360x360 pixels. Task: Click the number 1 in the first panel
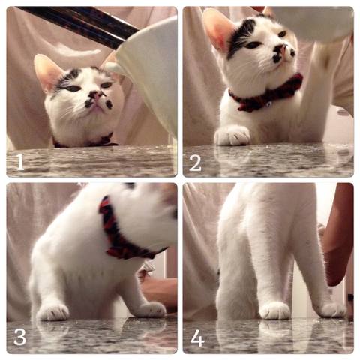point(20,162)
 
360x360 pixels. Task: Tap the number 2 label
point(195,163)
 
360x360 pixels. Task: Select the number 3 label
point(20,337)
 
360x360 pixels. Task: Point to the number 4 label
point(197,337)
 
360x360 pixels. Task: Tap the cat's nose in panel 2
point(282,49)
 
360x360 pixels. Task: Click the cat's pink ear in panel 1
point(47,71)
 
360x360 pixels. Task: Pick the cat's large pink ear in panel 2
point(219,29)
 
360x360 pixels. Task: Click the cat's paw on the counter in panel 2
point(232,136)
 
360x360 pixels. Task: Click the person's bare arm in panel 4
point(337,235)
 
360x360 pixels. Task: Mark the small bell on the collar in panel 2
point(268,103)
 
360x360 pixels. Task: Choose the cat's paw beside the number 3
point(52,312)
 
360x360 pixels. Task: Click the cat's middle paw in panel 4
point(275,310)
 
